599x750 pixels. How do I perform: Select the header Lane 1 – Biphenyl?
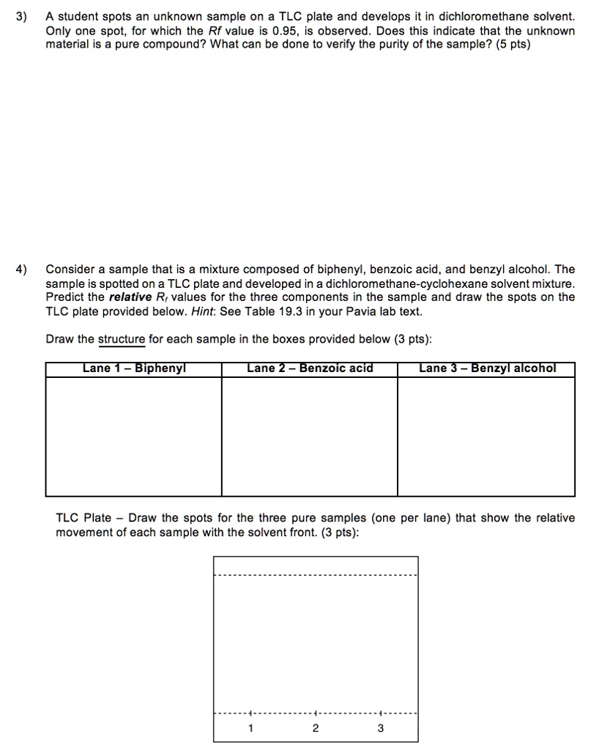tap(134, 368)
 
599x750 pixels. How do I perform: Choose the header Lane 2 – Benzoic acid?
tap(310, 368)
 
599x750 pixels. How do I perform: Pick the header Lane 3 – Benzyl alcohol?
tap(487, 368)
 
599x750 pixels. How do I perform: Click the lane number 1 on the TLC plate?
tap(250, 728)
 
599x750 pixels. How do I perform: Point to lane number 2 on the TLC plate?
tap(315, 728)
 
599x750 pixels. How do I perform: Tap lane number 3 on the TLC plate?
tap(380, 728)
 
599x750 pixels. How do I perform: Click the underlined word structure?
tap(122, 339)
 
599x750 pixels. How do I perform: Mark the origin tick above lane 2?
tap(315, 713)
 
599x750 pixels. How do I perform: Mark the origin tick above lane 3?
tap(380, 713)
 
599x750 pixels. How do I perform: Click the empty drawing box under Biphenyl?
tap(134, 437)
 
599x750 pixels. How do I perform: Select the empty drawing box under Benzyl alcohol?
tap(487, 437)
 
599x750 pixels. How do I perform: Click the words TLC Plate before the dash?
tap(83, 519)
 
